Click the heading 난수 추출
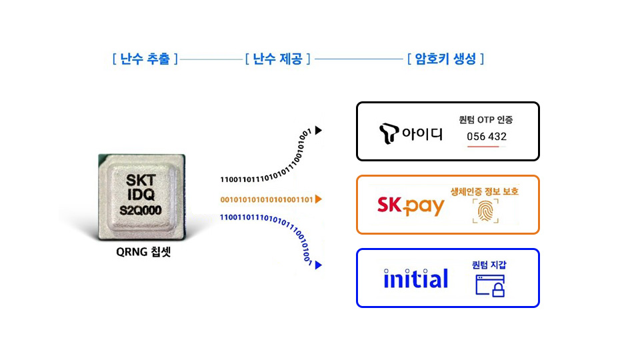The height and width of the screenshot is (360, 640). (145, 59)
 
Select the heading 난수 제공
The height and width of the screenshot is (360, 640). (278, 59)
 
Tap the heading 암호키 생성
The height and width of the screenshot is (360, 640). (445, 59)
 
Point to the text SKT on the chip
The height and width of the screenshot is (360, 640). (141, 180)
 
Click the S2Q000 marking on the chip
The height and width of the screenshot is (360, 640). (141, 210)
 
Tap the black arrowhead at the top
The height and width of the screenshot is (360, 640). (319, 131)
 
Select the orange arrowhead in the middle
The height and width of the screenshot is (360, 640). (319, 199)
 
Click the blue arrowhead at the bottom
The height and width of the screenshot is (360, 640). (319, 265)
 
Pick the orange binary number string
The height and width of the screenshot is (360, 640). (266, 199)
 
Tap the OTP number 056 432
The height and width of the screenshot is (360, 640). (487, 137)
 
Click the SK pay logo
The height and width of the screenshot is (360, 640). (411, 205)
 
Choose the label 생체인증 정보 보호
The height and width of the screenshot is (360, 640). (485, 192)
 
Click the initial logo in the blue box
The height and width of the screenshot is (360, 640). (416, 279)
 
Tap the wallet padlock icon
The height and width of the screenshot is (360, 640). (490, 285)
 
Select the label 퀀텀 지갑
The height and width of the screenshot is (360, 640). (489, 265)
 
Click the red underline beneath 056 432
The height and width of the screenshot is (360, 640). (483, 147)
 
